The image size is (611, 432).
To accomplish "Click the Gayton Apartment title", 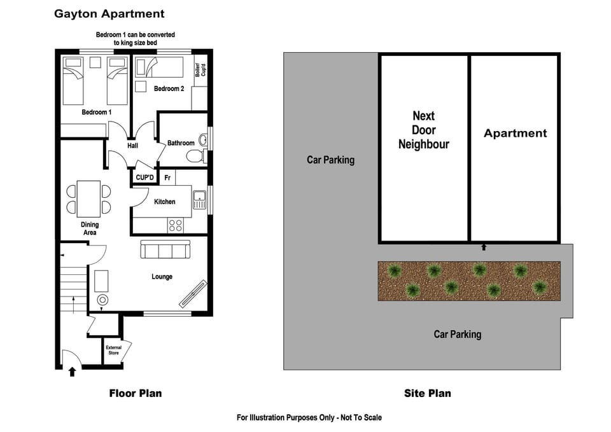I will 109,13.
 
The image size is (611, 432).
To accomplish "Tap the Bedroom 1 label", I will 97,113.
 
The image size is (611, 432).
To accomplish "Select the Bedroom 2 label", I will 169,89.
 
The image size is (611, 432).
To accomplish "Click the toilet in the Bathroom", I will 198,156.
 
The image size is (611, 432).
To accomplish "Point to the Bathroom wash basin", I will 204,139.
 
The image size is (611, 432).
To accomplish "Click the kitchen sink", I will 199,200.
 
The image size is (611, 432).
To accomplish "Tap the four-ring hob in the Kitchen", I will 175,225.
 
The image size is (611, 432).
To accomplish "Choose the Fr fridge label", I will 167,178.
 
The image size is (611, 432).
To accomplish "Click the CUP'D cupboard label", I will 145,178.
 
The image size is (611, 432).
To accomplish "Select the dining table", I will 88,198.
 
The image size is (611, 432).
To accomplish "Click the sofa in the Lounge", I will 165,249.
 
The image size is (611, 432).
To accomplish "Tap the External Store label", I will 113,350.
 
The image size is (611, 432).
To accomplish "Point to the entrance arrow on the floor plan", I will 72,372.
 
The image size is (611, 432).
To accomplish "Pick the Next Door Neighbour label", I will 424,130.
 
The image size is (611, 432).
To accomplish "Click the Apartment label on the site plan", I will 515,133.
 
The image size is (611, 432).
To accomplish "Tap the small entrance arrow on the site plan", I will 484,246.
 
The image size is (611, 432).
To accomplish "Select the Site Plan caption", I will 427,393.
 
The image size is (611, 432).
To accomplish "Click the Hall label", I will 132,146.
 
